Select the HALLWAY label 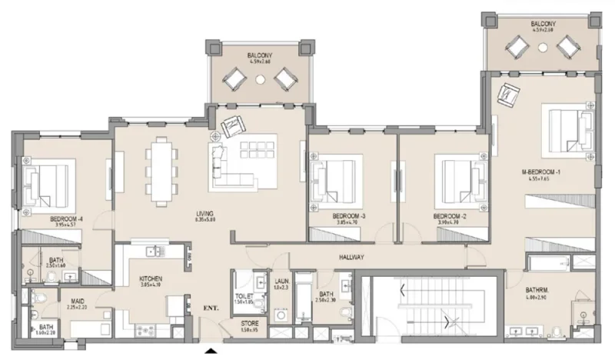(350, 257)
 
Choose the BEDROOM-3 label (348, 217)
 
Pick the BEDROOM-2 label (449, 217)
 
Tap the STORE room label (249, 324)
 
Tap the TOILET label (244, 295)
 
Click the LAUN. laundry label (281, 282)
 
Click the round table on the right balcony (544, 48)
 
